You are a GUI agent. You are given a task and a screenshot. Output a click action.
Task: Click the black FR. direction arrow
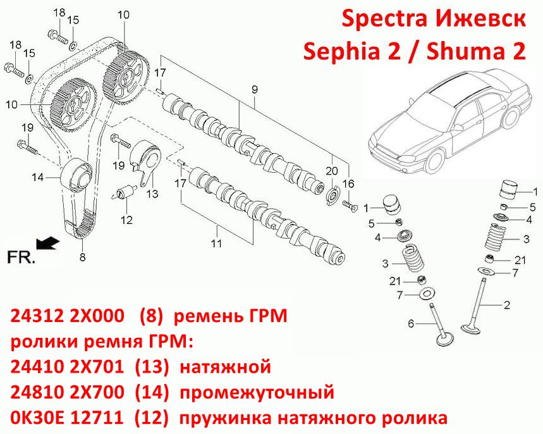point(47,243)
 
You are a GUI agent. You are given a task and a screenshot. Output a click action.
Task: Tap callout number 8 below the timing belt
point(82,257)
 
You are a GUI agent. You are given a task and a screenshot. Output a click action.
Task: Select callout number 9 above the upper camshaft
point(255,90)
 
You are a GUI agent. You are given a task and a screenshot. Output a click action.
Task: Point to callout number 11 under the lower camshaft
point(216,244)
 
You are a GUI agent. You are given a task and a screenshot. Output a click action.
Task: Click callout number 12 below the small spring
point(126,220)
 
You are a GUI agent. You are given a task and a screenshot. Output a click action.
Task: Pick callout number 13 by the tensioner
point(152,194)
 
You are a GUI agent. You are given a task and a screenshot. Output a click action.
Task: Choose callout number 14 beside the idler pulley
point(38,178)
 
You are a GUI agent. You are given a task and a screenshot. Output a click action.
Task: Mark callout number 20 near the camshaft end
point(331,171)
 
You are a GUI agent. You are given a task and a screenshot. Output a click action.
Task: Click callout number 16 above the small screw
point(348,183)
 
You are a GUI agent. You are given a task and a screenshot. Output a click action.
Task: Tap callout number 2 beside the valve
point(506,305)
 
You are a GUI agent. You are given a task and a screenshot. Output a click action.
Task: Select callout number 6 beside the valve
point(411,323)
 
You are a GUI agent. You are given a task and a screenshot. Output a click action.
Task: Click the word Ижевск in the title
point(479,19)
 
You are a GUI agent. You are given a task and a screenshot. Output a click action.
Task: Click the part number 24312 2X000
point(67,316)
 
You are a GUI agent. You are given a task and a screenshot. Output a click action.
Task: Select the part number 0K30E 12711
point(67,418)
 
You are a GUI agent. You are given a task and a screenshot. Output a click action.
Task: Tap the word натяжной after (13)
point(225,368)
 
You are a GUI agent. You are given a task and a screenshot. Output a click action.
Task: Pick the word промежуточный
point(257,393)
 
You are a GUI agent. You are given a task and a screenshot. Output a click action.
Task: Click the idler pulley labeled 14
point(76,175)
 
